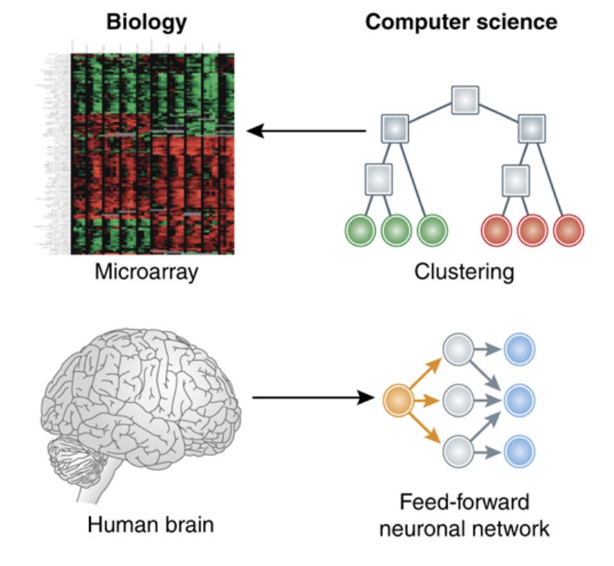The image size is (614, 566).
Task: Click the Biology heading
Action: coord(146,21)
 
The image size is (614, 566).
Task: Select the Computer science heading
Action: coord(461,21)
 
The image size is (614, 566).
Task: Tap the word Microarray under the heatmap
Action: coord(146,272)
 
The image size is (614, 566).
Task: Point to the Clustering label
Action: coord(464,272)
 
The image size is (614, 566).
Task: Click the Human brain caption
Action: coord(151,524)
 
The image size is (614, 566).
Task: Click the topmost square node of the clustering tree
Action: coord(465,100)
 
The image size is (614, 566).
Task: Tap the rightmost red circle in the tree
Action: coord(569,230)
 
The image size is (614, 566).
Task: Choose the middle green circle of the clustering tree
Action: coord(396,230)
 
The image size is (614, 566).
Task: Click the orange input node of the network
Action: coord(398,400)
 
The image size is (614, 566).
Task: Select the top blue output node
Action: coord(520,349)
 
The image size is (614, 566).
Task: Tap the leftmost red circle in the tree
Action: coord(496,230)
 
